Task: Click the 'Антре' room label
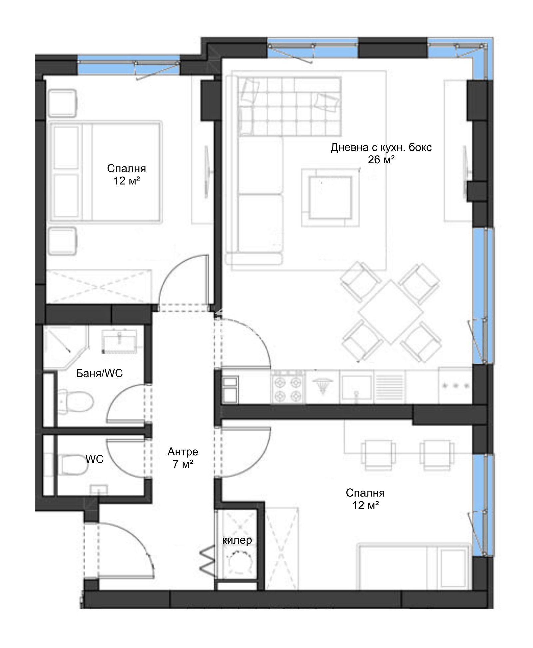point(183,452)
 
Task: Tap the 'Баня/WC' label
point(99,373)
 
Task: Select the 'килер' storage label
point(237,540)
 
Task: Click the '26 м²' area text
point(381,160)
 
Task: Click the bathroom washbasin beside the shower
point(119,341)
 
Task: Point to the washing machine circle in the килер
point(238,562)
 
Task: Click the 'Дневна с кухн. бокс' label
point(381,147)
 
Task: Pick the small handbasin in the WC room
point(99,490)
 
